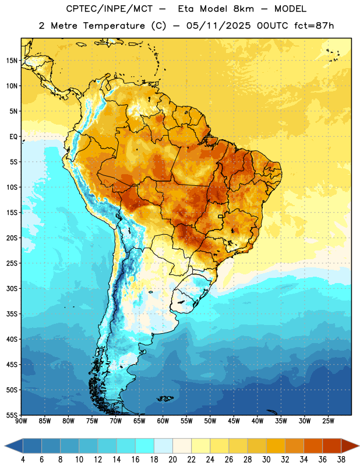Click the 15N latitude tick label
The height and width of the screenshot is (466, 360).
pos(12,61)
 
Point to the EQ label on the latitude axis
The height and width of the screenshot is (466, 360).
pos(13,137)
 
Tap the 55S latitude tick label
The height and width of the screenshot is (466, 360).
pos(12,415)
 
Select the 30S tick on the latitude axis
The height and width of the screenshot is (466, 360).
pos(12,288)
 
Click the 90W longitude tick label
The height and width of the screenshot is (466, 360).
pos(21,421)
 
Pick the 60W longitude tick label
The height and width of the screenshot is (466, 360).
pos(163,421)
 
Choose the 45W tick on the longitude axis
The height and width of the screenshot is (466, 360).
pos(234,421)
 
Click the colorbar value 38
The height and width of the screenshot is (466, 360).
pos(341,460)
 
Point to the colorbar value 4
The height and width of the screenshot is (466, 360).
pos(23,460)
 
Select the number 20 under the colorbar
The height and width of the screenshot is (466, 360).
pos(172,460)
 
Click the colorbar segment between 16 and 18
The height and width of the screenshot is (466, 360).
pos(145,446)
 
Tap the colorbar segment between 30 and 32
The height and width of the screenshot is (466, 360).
pos(276,446)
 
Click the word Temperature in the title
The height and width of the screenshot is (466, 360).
pos(114,26)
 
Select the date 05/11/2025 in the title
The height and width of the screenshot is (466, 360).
pos(218,26)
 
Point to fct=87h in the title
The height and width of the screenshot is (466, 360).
pos(314,26)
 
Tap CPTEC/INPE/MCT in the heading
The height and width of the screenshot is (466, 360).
pos(109,9)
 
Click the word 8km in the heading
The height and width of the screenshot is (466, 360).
pos(243,9)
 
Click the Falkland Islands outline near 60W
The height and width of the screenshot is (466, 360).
pos(165,398)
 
